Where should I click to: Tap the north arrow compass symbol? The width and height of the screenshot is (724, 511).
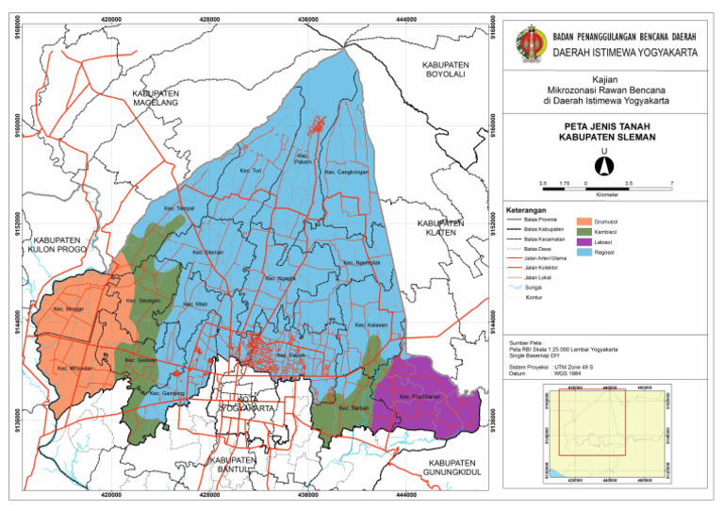(x=607, y=164)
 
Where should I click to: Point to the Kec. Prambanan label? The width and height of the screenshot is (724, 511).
(x=420, y=397)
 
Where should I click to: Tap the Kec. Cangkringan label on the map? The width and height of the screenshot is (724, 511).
(x=345, y=173)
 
